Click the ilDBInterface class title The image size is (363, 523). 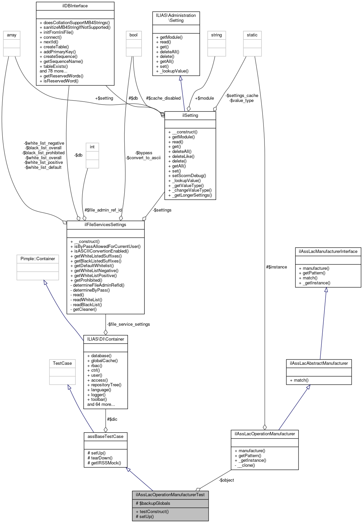click(x=75, y=6)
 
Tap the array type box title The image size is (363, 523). click(x=12, y=35)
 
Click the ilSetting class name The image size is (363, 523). click(x=190, y=116)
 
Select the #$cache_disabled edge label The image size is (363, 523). click(x=163, y=98)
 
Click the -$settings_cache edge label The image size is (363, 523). click(x=242, y=96)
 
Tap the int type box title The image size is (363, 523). click(x=92, y=147)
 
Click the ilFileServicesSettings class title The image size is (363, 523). click(x=105, y=225)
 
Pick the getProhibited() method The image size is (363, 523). click(x=88, y=280)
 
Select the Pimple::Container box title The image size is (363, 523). click(x=38, y=259)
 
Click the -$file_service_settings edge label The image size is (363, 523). click(x=129, y=324)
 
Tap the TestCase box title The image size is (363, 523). click(x=62, y=363)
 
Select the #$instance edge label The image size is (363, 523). click(x=276, y=267)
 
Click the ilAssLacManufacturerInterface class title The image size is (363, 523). click(x=328, y=252)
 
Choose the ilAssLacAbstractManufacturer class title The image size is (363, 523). click(x=319, y=363)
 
